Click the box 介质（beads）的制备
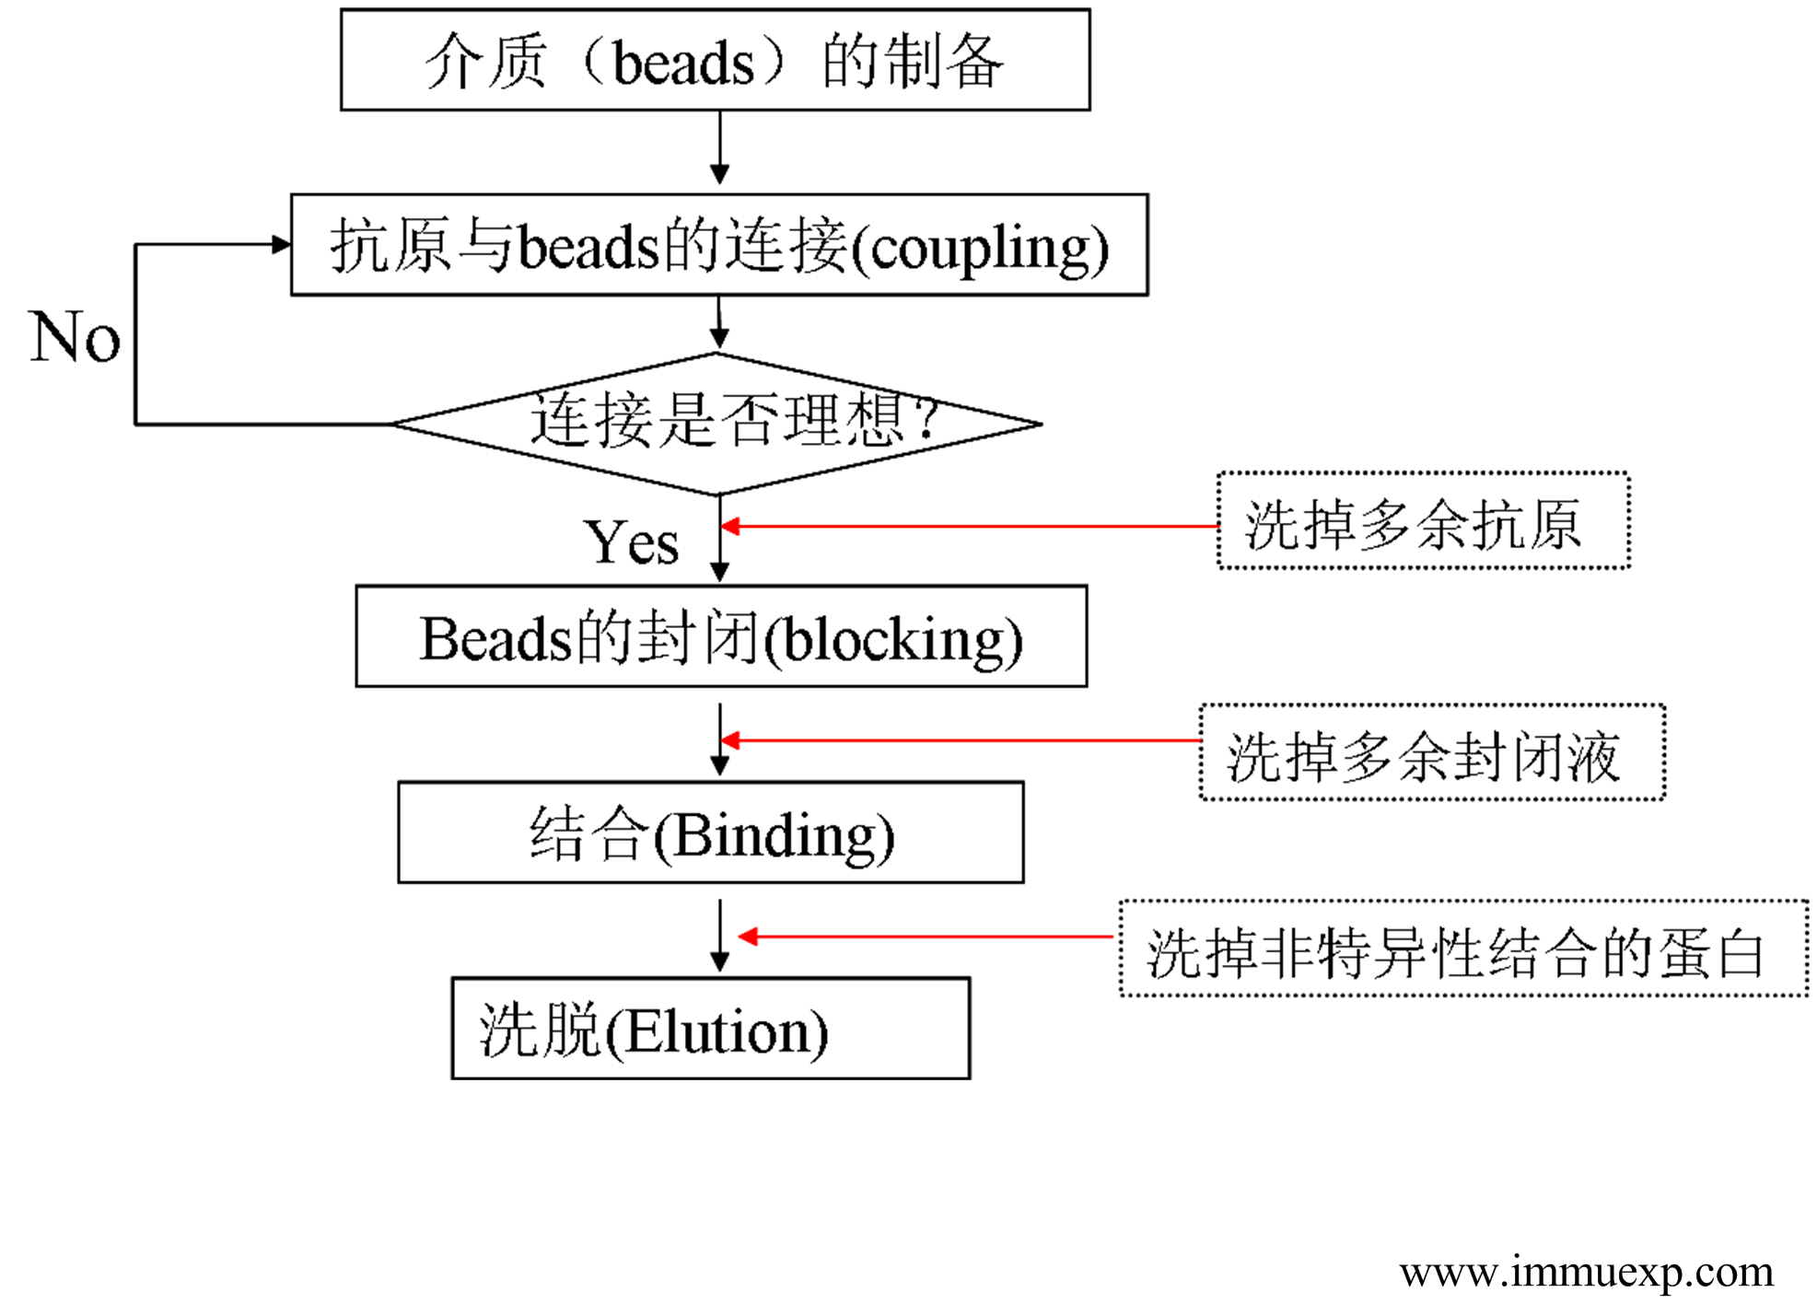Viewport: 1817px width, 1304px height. (x=715, y=61)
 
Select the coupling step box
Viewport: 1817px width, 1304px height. (x=718, y=245)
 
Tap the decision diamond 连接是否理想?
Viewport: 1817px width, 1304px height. (x=716, y=424)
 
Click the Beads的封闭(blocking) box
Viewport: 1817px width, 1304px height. (x=720, y=636)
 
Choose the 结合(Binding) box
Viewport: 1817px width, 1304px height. (x=710, y=832)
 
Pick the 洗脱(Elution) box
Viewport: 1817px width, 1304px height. (x=710, y=1029)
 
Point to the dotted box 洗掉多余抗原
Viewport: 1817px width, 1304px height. (x=1423, y=521)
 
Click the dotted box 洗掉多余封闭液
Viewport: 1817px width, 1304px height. (x=1431, y=753)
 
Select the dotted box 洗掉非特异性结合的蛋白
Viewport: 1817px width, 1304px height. (x=1463, y=949)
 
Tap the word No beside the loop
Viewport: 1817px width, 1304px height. (x=75, y=337)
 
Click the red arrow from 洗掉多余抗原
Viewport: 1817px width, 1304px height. (x=967, y=527)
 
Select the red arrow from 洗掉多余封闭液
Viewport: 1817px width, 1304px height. (x=958, y=740)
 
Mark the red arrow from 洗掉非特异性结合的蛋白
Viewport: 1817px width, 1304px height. (x=926, y=937)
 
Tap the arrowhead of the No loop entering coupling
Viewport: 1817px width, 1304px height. (x=281, y=244)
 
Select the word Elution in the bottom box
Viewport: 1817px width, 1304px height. (x=716, y=1032)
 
